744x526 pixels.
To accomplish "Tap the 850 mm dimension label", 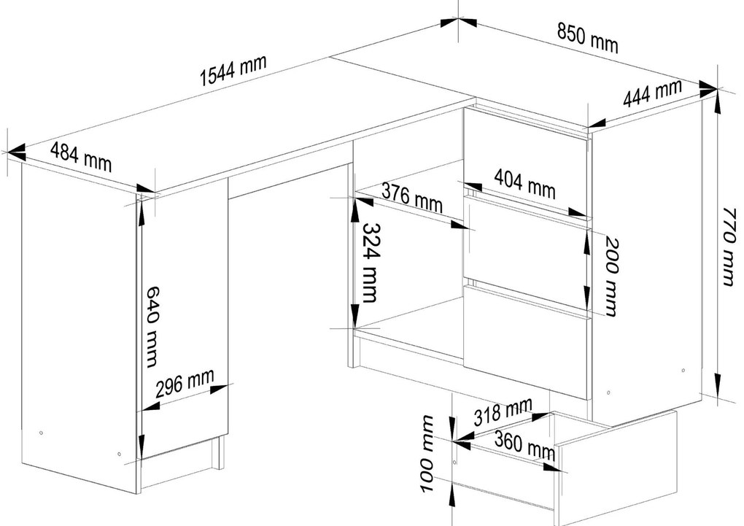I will (587, 38).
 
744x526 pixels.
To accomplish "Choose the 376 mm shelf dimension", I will (412, 198).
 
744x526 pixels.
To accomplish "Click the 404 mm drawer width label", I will (524, 183).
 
